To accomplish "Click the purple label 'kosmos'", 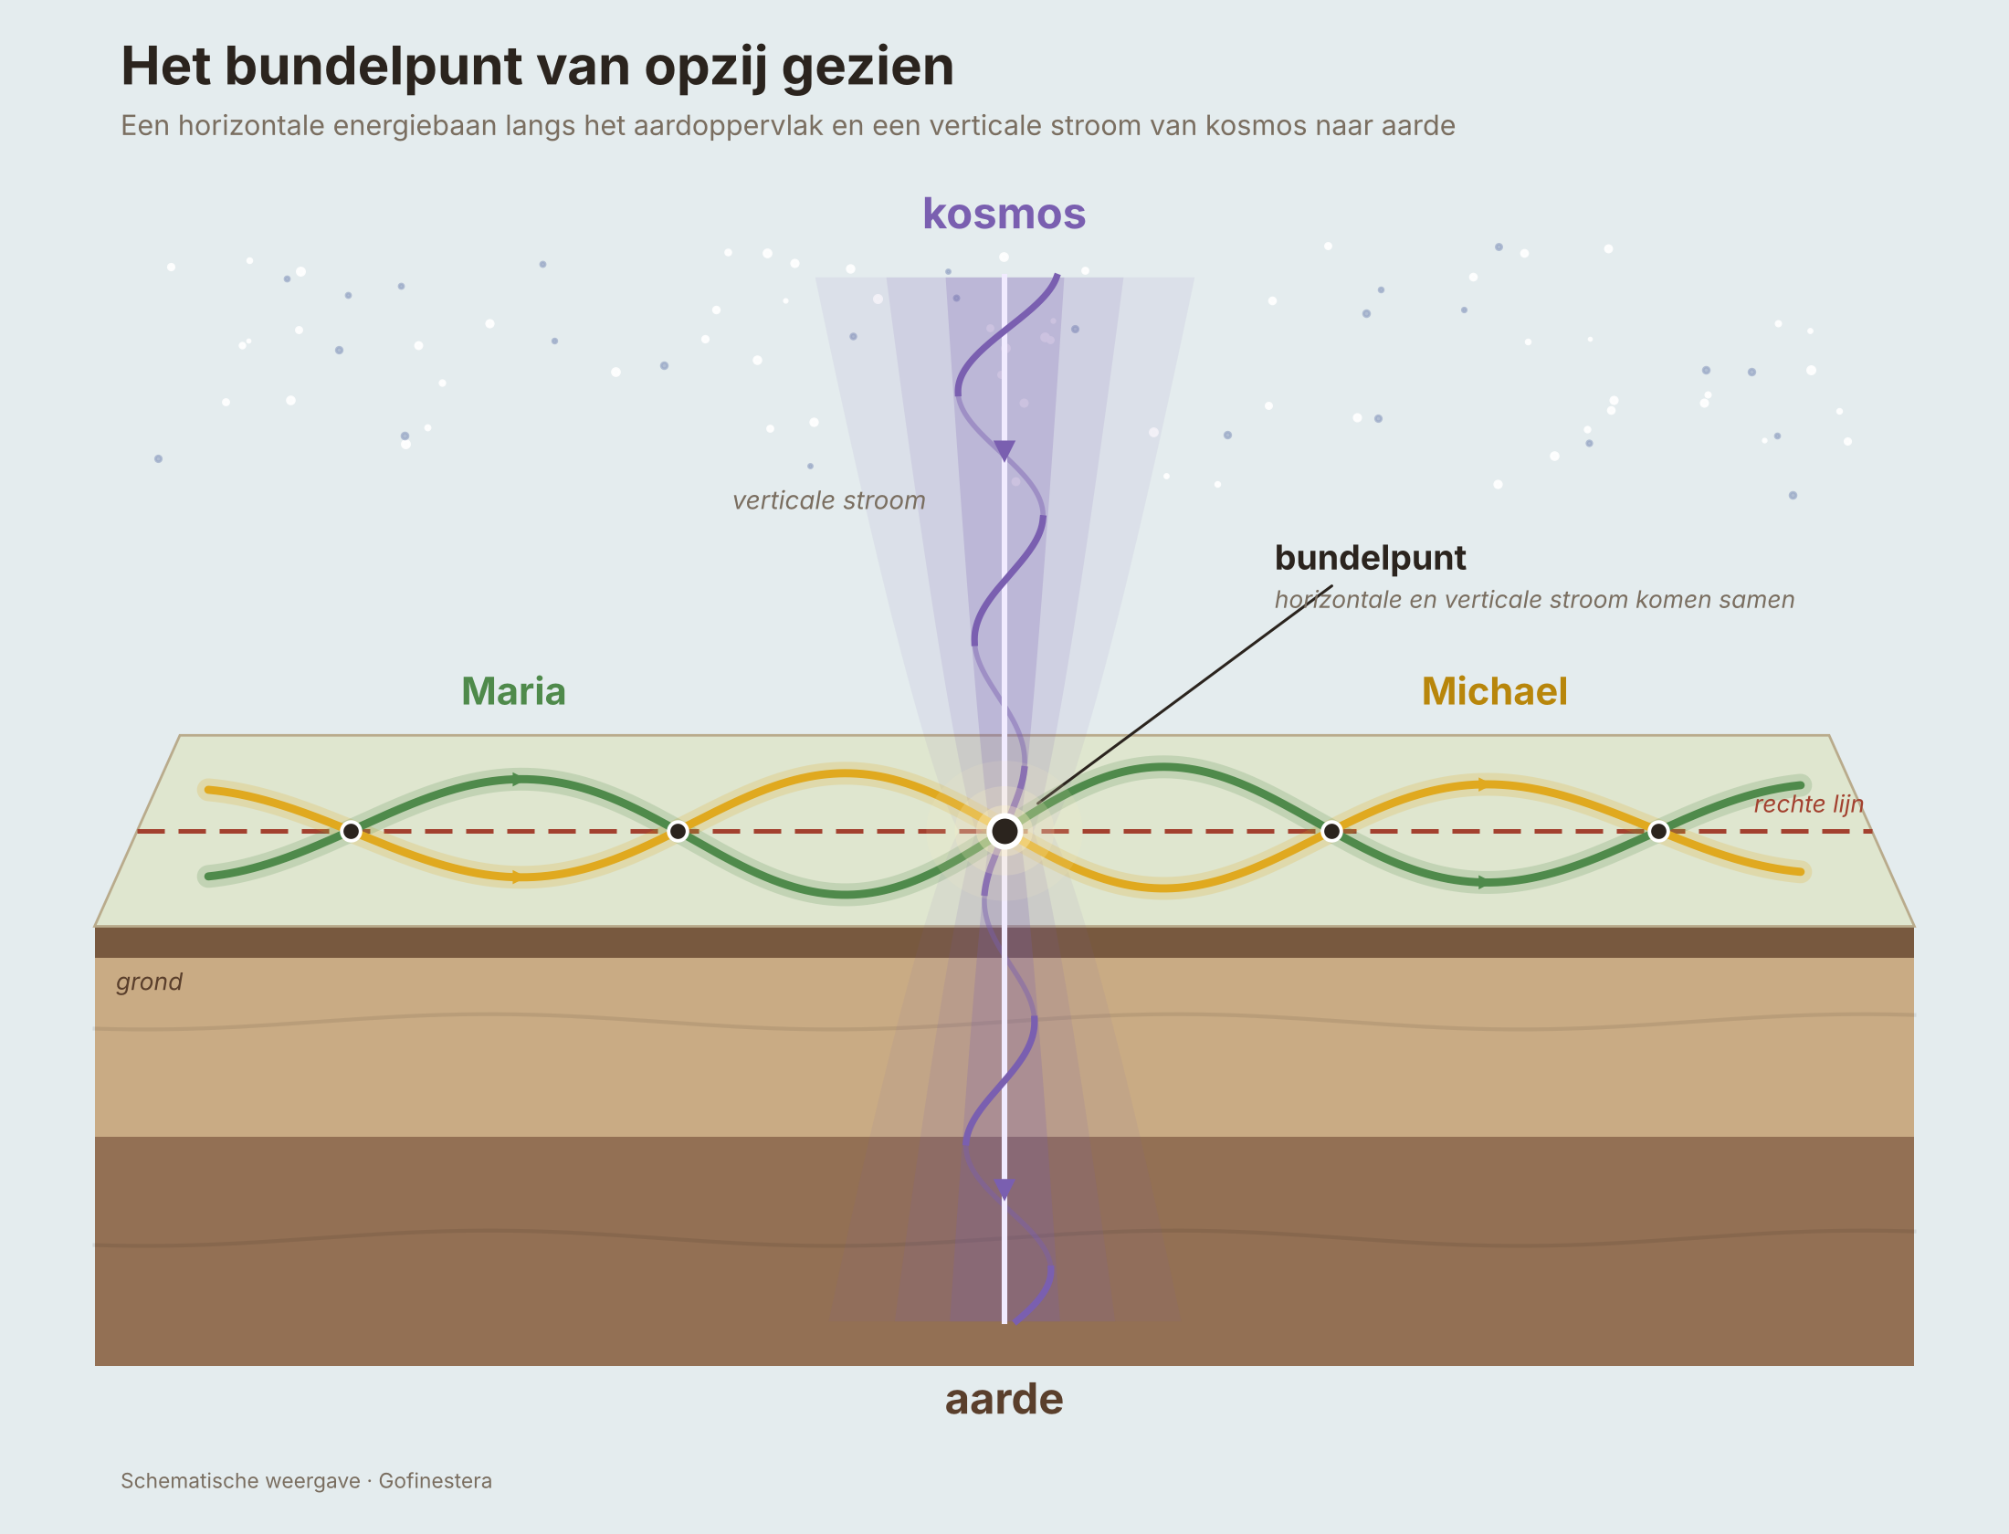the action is point(1004,215).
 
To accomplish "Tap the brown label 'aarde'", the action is point(1004,1399).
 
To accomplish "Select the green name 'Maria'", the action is point(513,691).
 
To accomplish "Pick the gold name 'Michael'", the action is point(1495,691).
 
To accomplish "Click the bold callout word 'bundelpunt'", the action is point(1370,557).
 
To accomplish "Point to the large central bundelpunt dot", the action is point(1004,831).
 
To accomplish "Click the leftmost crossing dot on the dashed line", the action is point(351,831).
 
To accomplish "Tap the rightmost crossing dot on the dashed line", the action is point(1658,831).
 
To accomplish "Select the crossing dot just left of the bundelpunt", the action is point(678,831).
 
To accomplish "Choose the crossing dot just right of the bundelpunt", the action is point(1331,831).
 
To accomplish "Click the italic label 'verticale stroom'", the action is point(828,500).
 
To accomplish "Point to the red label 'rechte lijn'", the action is point(1808,804).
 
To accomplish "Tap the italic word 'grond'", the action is point(149,982).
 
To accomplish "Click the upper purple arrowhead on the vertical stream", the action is point(1004,451).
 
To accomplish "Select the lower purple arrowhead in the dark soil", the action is point(1004,1190).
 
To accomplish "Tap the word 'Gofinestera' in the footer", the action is point(436,1481).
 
